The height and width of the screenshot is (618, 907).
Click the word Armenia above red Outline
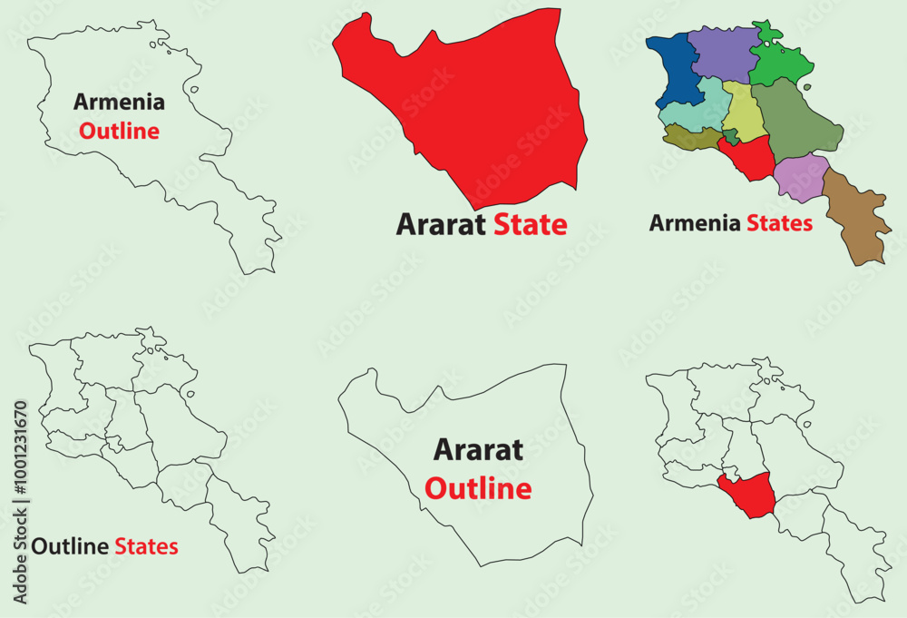point(119,102)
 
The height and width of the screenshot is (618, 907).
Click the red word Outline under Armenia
point(119,131)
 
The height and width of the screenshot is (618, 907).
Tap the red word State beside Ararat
point(531,224)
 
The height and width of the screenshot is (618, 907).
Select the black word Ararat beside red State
point(442,224)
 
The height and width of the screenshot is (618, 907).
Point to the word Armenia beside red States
point(695,223)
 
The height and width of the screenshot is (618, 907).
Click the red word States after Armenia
point(779,223)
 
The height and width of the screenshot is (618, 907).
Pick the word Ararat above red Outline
point(478,449)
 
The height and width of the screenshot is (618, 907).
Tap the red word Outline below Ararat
point(478,489)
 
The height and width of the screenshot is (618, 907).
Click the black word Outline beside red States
point(71,546)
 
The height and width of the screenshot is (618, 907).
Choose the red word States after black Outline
point(146,546)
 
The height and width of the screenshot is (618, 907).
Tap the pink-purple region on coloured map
point(801,177)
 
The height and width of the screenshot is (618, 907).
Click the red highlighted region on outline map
point(746,495)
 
